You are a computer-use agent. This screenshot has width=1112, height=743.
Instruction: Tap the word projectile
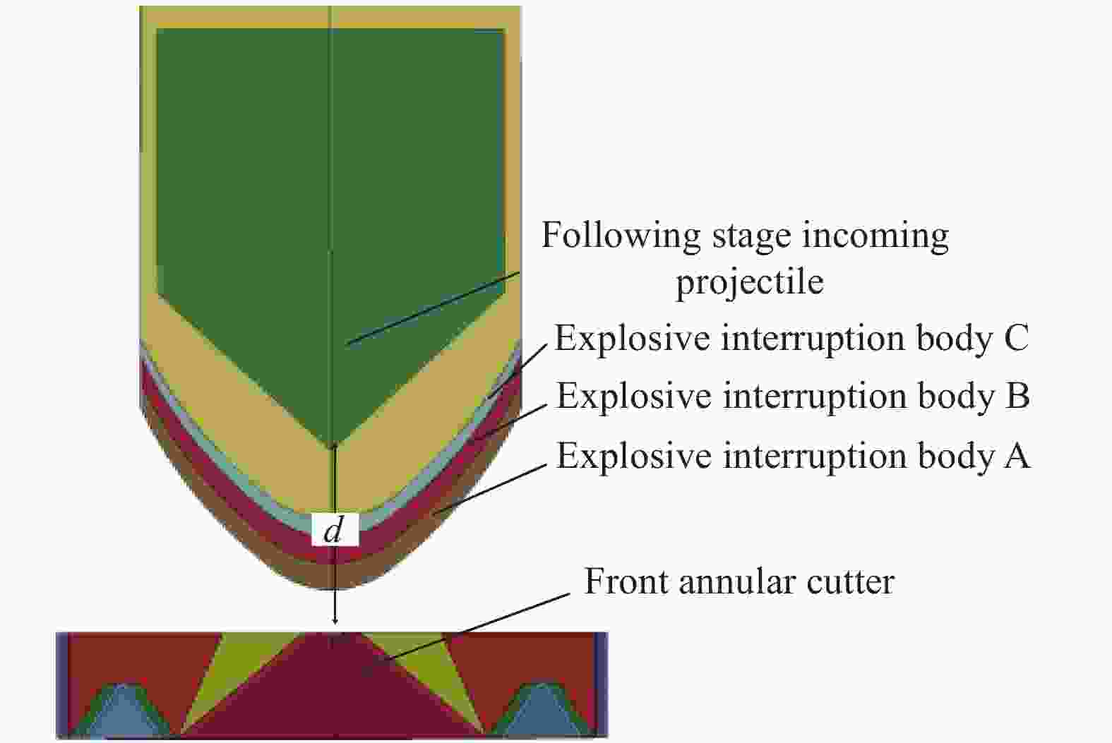(750, 282)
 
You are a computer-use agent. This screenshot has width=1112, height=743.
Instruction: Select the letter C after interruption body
(1015, 338)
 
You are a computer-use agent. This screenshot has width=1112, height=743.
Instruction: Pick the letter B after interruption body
(1017, 396)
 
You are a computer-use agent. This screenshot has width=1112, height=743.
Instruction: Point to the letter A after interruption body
(1017, 456)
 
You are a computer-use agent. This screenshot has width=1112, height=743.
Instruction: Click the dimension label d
(333, 531)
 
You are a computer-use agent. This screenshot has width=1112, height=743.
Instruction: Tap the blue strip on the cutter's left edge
(62, 684)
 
